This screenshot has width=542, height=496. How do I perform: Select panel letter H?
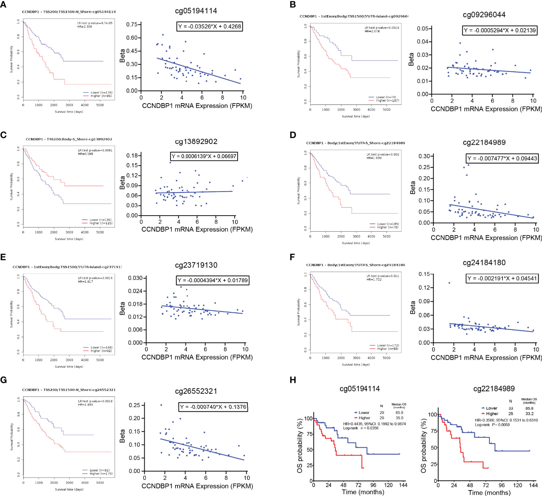[293, 380]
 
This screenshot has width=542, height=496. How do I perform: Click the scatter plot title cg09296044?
[484, 15]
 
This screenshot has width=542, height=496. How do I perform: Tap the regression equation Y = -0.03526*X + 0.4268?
[209, 26]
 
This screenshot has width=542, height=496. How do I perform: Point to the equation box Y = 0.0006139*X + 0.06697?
[204, 156]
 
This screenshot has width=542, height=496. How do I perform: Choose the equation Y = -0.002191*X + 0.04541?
[502, 278]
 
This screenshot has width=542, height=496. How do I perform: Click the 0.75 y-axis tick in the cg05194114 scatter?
[132, 25]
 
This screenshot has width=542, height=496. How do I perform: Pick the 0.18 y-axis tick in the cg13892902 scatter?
[132, 155]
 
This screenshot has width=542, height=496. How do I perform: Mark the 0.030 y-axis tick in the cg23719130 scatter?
[135, 278]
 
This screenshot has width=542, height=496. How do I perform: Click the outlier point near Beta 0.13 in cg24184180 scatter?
[449, 283]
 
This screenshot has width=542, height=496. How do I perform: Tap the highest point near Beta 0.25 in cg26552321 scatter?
[161, 405]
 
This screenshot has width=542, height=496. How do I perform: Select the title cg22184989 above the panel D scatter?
[484, 143]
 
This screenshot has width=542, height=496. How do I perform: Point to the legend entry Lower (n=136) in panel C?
[97, 220]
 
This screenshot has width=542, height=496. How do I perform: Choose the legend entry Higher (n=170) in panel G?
[97, 474]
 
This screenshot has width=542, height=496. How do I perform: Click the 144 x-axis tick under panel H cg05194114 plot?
[403, 485]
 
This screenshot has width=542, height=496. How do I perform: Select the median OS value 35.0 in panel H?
[399, 418]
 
